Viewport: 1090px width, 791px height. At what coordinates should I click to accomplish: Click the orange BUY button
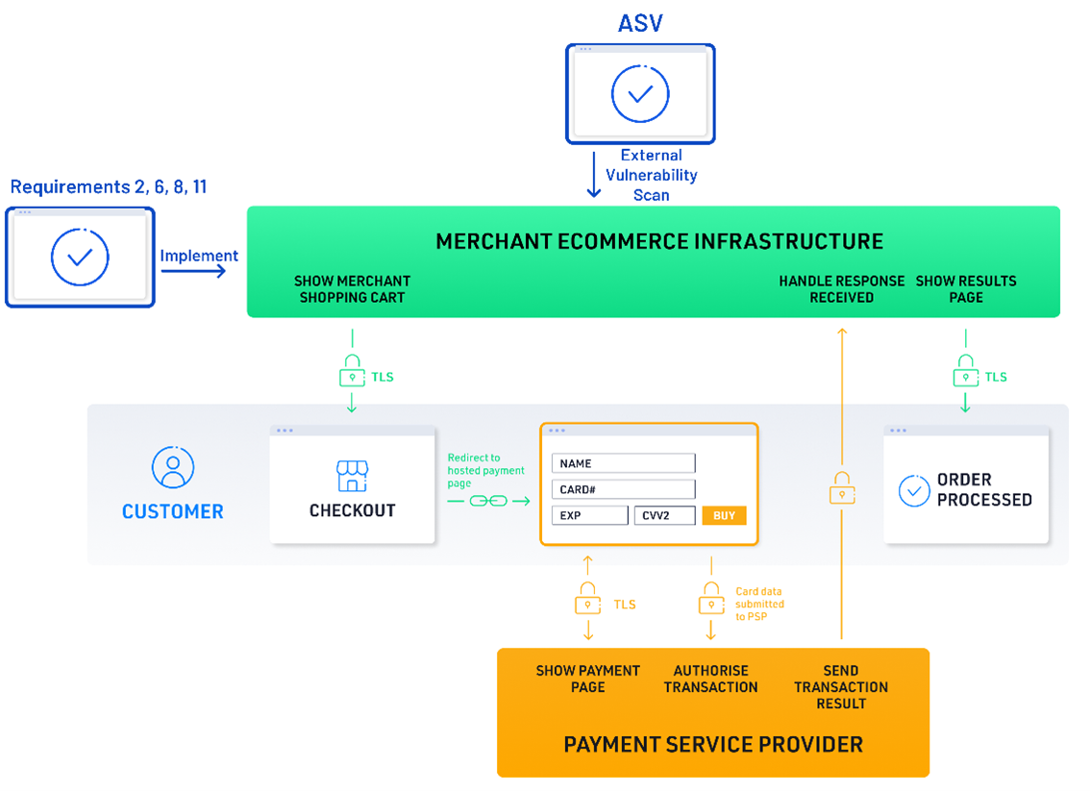click(724, 515)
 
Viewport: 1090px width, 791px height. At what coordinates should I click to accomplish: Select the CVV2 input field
click(664, 515)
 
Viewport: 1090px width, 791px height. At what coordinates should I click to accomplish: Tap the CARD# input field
click(623, 489)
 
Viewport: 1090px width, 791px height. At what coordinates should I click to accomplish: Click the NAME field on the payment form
click(623, 463)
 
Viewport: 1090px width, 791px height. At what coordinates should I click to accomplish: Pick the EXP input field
click(589, 515)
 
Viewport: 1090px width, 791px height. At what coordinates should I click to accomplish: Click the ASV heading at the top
click(640, 22)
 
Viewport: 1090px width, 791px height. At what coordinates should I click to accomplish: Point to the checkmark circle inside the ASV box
click(640, 93)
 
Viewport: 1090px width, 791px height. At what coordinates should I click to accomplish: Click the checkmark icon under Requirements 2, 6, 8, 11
click(80, 257)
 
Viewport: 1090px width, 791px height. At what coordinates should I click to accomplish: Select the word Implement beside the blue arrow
click(199, 256)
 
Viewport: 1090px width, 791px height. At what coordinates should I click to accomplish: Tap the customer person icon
click(173, 468)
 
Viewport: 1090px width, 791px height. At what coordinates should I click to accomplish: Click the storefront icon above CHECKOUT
click(352, 475)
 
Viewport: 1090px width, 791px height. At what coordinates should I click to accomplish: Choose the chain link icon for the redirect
click(487, 501)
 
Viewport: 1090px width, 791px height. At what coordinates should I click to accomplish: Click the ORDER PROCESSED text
click(984, 489)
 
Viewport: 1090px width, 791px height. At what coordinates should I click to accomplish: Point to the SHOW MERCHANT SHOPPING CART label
click(352, 288)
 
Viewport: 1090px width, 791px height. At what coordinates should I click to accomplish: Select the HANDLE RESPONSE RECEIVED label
click(841, 288)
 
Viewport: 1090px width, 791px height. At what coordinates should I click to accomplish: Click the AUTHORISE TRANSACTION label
click(710, 679)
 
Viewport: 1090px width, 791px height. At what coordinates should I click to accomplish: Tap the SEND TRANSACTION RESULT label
click(841, 686)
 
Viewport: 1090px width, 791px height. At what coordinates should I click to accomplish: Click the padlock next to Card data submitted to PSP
click(711, 600)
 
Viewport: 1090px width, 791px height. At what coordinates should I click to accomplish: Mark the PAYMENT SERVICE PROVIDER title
click(713, 744)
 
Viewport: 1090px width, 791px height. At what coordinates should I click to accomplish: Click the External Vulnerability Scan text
click(651, 174)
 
